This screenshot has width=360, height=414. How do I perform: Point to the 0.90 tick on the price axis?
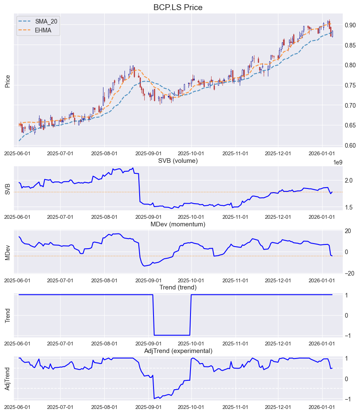click(350, 25)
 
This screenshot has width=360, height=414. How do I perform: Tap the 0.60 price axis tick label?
click(350, 146)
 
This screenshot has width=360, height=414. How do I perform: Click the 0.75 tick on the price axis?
click(350, 85)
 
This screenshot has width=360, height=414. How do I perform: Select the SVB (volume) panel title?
click(178, 161)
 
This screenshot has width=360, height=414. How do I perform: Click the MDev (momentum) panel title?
click(178, 224)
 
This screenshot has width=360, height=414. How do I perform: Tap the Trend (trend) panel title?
click(178, 287)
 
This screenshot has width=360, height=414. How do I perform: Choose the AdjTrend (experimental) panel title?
click(178, 351)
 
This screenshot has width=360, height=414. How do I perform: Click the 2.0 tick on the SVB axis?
click(349, 180)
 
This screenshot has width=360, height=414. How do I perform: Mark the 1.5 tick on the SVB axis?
click(349, 207)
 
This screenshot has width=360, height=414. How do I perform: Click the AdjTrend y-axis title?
click(7, 379)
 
